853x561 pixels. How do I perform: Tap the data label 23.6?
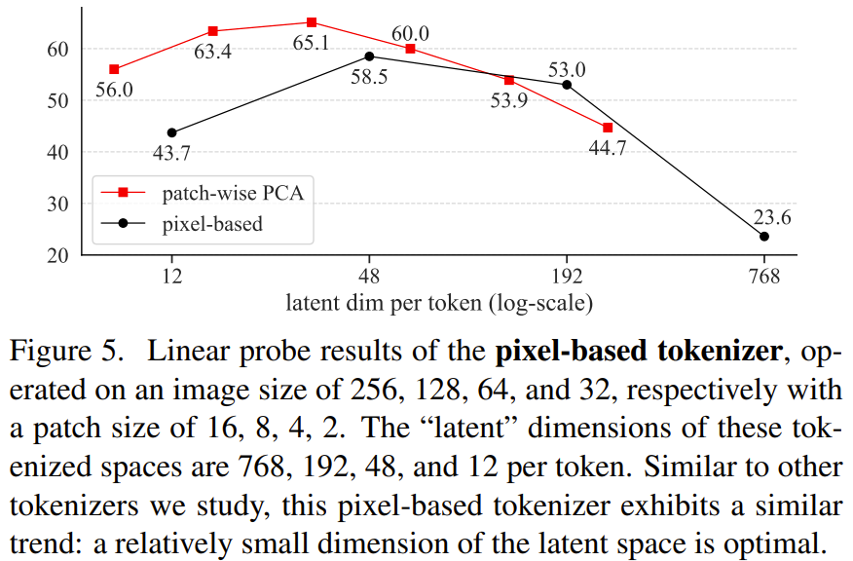[x=771, y=217]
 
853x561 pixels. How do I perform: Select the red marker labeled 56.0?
[x=114, y=69]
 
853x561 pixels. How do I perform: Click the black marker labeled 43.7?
[x=172, y=132]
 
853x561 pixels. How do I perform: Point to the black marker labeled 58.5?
[x=369, y=56]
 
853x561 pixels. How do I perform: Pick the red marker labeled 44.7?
[x=608, y=128]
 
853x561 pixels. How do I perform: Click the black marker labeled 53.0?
[x=567, y=85]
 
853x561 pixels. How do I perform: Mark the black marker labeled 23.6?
[x=764, y=237]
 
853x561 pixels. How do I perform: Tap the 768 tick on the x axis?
[x=764, y=276]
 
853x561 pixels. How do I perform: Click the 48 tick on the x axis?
[x=369, y=276]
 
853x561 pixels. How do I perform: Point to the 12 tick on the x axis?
[x=172, y=276]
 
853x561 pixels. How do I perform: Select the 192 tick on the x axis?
[x=567, y=276]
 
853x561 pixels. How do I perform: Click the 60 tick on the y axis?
[x=57, y=49]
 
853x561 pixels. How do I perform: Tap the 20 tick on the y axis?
[x=57, y=255]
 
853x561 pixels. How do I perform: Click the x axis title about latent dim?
[x=439, y=303]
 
